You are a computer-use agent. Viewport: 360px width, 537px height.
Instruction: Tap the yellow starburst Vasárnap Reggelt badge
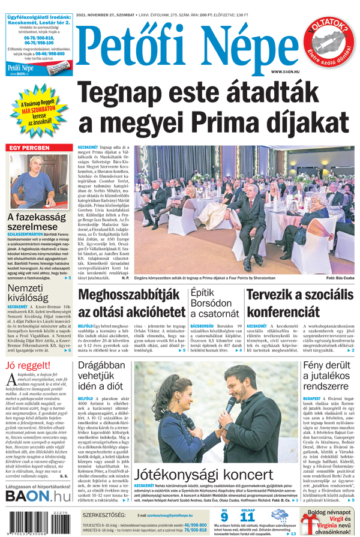pos(38,113)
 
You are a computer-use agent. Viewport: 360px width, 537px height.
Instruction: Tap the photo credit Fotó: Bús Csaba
pos(340,279)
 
